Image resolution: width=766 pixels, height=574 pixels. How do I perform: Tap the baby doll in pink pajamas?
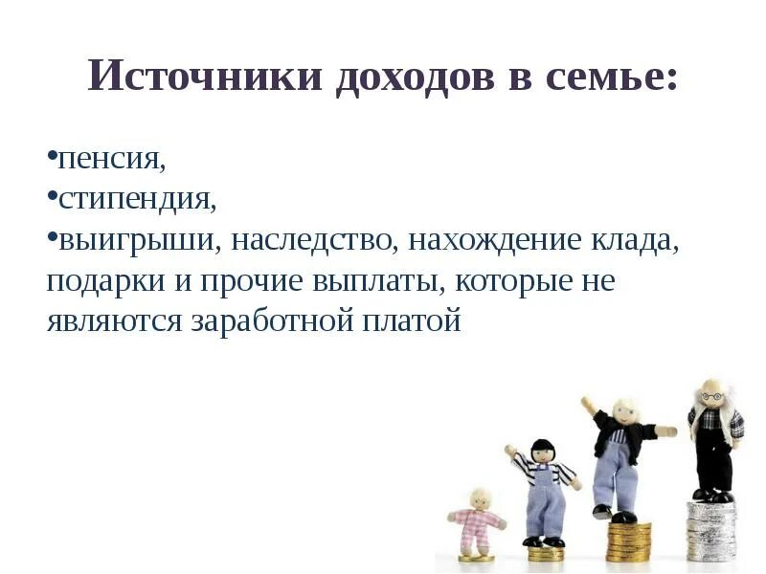coord(476,521)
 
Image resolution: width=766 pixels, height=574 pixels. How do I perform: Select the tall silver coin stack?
coord(711,531)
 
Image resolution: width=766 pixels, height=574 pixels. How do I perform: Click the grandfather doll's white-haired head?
coord(710,393)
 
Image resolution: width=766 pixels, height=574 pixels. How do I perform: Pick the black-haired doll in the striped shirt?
coord(545,488)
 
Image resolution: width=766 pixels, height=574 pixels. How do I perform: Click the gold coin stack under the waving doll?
coord(627,541)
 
